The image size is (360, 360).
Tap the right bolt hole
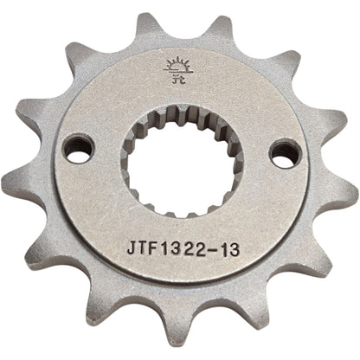[x=280, y=153]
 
